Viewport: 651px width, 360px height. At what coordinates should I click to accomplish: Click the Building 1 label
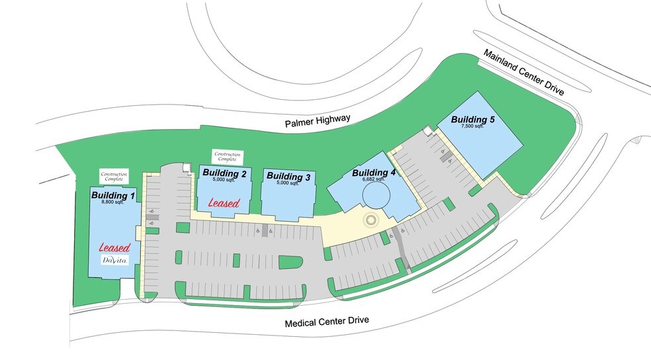point(113,195)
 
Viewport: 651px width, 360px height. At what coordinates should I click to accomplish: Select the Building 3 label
point(287,177)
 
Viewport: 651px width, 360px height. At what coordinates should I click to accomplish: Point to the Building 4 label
point(374,173)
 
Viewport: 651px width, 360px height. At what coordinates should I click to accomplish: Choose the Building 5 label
point(473,119)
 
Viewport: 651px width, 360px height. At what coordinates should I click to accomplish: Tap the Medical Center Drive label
point(326,322)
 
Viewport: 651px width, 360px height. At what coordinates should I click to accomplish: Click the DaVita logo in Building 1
point(114,261)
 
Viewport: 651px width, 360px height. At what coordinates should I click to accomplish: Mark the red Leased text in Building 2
point(224,202)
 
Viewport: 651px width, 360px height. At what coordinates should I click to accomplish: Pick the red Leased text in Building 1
point(114,247)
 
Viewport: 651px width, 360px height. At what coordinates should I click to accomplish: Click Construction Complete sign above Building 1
point(114,176)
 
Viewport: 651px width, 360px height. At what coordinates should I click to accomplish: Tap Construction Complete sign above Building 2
point(226,157)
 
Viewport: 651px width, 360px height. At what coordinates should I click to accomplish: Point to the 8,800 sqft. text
point(113,202)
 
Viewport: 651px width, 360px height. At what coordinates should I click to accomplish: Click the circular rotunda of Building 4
point(377,196)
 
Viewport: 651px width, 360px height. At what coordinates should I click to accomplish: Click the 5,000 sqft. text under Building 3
point(287,184)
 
